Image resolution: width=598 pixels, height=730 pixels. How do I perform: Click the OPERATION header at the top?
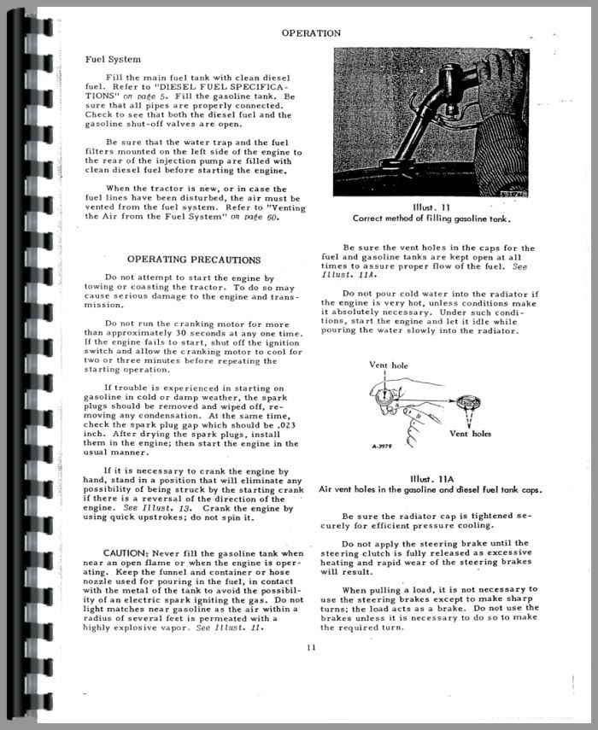point(311,33)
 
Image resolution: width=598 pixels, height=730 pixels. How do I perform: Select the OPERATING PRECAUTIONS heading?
point(194,259)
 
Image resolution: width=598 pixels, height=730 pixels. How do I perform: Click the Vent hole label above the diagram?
point(390,365)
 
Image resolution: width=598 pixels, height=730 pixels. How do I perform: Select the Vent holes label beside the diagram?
point(470,434)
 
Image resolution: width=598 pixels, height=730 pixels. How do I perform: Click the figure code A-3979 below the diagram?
point(386,446)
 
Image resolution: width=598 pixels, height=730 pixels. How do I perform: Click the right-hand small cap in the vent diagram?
point(469,401)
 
